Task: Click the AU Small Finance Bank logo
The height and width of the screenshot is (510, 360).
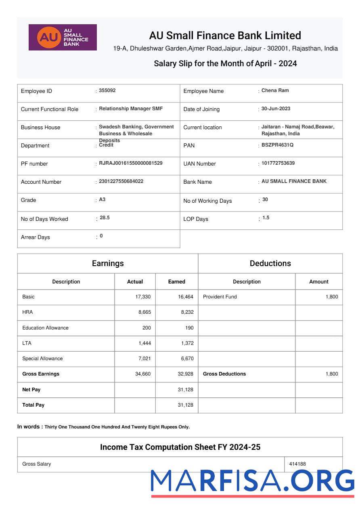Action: [63, 37]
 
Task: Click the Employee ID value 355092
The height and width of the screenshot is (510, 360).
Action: [107, 90]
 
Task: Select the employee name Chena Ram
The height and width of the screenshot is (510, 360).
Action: [275, 90]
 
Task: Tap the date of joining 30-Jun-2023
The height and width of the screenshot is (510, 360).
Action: [276, 109]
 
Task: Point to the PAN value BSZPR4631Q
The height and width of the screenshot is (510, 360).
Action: [277, 145]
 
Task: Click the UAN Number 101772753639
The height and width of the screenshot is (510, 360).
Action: [278, 163]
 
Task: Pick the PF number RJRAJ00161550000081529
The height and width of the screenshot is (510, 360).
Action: [131, 163]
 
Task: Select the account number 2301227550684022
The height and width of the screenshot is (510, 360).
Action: [121, 181]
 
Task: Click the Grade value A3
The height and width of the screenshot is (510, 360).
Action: [102, 199]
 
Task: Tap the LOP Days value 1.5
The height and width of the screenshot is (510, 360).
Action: [266, 218]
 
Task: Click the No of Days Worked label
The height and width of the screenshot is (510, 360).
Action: [44, 219]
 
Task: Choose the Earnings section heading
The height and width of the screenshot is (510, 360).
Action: [108, 263]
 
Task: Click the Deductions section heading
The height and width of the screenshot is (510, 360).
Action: [270, 263]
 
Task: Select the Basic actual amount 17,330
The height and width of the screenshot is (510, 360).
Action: [143, 297]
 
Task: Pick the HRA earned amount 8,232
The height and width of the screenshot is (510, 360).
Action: [186, 312]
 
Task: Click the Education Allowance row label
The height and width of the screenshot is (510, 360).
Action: [45, 328]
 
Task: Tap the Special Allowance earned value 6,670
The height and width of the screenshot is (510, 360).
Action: [186, 359]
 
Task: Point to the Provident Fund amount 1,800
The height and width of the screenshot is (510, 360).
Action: [332, 297]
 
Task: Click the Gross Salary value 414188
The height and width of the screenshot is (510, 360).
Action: [297, 464]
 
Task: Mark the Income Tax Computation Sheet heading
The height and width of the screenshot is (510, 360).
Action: [180, 447]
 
